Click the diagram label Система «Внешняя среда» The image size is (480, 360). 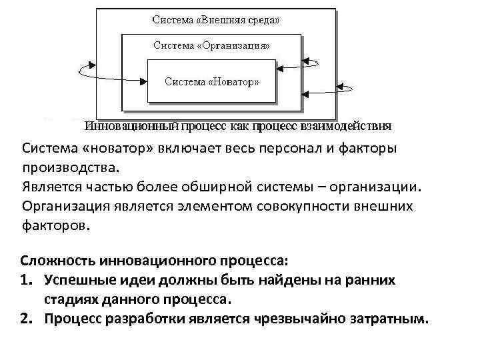pos(216,20)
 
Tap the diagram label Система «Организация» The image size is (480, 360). pos(211,46)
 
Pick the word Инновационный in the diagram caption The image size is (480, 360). pos(129,125)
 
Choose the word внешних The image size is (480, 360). pos(383,206)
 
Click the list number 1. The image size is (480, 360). pos(27,280)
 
